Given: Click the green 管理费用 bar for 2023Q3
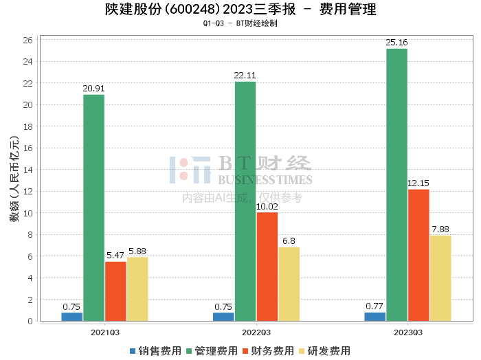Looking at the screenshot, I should [396, 185].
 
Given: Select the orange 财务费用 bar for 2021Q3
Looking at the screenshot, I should [115, 291].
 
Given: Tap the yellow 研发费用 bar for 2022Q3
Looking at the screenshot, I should [289, 284].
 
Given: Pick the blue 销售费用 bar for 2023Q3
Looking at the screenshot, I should [374, 317].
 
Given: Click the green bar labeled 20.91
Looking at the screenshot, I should [93, 207].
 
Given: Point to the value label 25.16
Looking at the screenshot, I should [396, 43].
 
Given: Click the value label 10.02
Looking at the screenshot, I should [267, 206].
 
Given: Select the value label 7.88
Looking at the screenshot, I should [440, 229].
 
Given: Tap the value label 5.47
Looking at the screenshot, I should [115, 256].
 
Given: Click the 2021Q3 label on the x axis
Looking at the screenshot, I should [104, 332].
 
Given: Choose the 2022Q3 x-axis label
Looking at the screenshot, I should [256, 332].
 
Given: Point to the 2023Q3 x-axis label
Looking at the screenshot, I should [407, 332].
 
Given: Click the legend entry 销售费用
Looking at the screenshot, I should [155, 351].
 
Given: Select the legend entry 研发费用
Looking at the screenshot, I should [324, 351].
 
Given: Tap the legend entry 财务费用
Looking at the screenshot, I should [268, 351].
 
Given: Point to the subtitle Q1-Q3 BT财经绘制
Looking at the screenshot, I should [240, 23].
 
